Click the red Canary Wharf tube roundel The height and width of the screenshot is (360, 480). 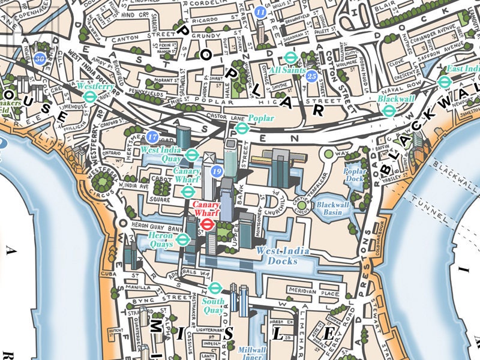(x=207, y=224)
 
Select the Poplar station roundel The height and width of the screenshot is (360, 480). (x=241, y=128)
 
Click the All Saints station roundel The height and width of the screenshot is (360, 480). (x=291, y=58)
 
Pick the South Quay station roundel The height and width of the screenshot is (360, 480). (x=215, y=288)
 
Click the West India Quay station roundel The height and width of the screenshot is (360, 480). (x=192, y=154)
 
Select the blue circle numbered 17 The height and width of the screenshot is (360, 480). (x=152, y=137)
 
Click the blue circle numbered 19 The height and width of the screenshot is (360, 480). (x=217, y=172)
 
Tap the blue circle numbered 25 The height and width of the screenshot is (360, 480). (x=311, y=76)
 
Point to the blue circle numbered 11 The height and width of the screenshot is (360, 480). (x=260, y=12)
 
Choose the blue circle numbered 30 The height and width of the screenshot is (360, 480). (x=40, y=59)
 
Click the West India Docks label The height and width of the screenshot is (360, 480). (x=277, y=256)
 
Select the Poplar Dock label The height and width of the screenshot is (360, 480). (x=355, y=174)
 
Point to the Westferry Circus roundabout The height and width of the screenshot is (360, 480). (x=104, y=178)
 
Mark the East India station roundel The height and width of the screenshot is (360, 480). (x=444, y=82)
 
